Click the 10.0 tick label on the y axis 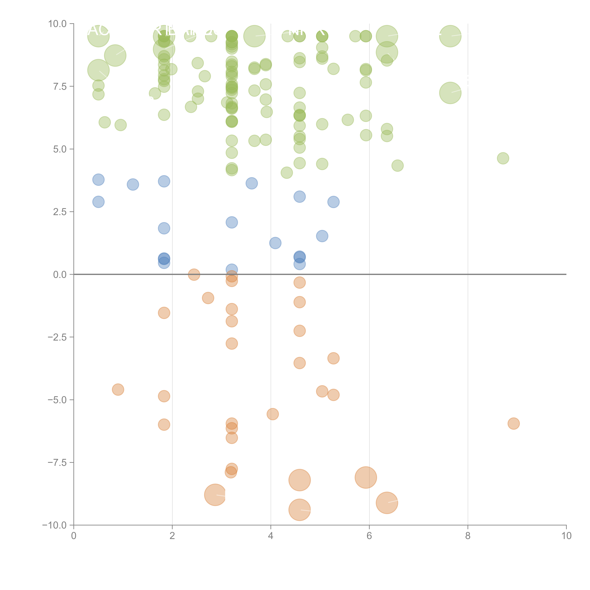pos(57,24)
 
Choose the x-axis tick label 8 pos(468,536)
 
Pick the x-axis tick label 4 pos(271,536)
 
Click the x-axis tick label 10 pos(566,536)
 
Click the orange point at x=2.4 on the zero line pos(194,275)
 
